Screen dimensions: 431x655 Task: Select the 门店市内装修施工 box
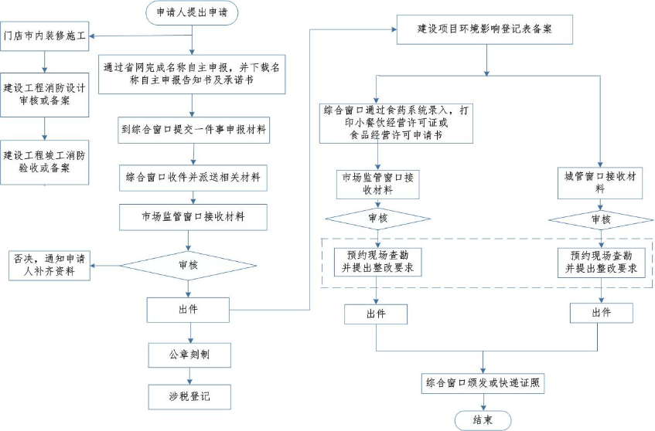click(x=45, y=36)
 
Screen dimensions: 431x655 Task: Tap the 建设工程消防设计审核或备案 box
click(x=45, y=93)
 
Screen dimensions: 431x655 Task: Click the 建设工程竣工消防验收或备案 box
click(x=46, y=161)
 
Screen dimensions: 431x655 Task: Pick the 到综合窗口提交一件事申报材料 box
click(x=193, y=131)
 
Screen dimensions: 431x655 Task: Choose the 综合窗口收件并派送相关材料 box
click(x=193, y=176)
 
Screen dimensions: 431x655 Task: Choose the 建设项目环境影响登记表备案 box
click(x=486, y=30)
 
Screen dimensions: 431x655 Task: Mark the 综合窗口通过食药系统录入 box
click(x=396, y=122)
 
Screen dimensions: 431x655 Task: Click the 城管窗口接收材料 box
click(x=601, y=183)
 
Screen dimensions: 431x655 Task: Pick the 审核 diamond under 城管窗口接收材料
click(x=601, y=220)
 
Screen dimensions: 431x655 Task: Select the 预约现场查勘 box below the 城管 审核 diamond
click(x=601, y=262)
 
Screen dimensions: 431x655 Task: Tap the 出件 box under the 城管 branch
click(x=601, y=313)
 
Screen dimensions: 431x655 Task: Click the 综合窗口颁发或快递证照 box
click(x=484, y=382)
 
